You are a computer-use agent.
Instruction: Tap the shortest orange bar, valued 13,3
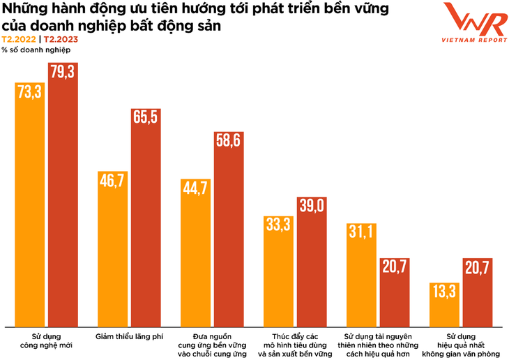pyautogui.click(x=444, y=304)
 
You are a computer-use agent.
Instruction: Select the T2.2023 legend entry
pyautogui.click(x=61, y=40)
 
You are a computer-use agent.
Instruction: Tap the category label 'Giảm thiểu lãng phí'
pyautogui.click(x=129, y=336)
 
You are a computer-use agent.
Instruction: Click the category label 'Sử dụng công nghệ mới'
pyautogui.click(x=46, y=340)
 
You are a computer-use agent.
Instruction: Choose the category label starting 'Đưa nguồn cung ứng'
pyautogui.click(x=212, y=345)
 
